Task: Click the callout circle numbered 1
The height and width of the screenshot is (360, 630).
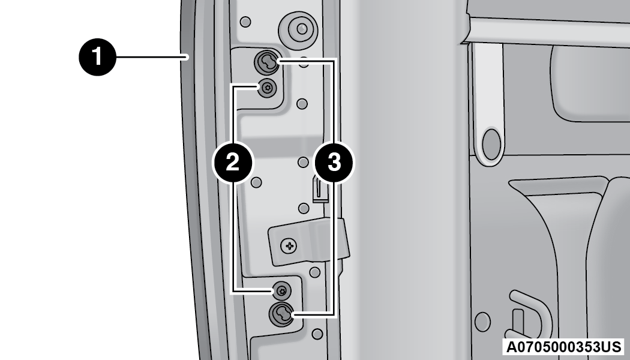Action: pos(98,56)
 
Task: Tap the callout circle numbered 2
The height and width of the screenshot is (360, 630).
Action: pos(233,163)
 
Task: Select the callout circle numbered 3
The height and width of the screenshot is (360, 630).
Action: pos(334,163)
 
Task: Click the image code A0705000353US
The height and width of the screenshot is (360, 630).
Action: pos(563,346)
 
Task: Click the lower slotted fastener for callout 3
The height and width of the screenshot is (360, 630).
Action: pos(281,314)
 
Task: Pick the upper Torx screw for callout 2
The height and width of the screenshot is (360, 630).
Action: pos(267,87)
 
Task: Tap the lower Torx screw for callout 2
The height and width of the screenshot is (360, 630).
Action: pos(281,291)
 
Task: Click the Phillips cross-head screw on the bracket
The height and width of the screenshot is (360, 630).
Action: pos(289,245)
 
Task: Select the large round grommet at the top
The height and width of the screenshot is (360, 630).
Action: pos(299,29)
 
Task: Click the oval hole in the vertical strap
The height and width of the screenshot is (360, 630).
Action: pos(491,145)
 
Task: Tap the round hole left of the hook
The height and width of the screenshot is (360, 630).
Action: pos(482,322)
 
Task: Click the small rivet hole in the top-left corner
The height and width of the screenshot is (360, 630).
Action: pos(245,22)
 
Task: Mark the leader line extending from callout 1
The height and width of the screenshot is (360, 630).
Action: pos(152,57)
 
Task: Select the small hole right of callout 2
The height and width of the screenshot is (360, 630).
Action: pos(256,182)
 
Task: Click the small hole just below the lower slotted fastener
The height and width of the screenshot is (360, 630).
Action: pos(317,334)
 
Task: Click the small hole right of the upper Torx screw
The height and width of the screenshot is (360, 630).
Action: pos(302,104)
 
